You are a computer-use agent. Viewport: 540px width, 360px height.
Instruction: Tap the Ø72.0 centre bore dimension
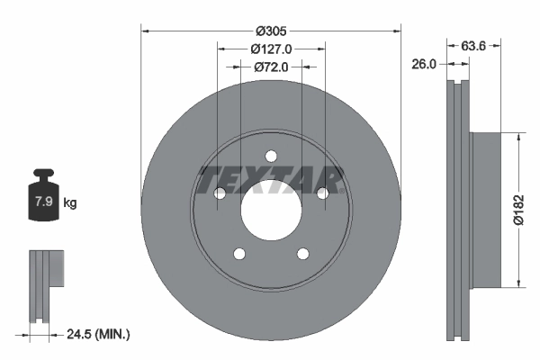(271, 67)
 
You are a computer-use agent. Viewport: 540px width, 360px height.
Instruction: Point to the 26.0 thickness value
(424, 64)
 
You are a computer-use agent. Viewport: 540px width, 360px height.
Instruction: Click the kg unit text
(70, 203)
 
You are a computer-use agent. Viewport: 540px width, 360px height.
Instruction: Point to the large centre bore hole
(271, 211)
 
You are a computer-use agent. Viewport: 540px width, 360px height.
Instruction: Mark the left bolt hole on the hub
(219, 193)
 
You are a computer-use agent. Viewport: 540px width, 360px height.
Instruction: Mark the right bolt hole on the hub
(322, 193)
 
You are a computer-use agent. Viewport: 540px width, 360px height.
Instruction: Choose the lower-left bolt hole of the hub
(238, 255)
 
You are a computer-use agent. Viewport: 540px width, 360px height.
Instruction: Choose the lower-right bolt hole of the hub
(302, 255)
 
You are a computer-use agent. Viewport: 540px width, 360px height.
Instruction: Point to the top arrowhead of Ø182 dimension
(517, 137)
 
